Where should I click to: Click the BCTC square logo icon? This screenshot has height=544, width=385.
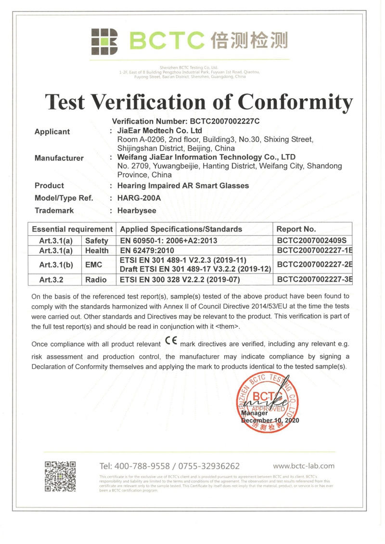(x=104, y=42)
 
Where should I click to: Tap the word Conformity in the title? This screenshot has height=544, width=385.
(x=295, y=102)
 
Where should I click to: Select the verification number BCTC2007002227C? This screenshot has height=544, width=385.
(x=225, y=121)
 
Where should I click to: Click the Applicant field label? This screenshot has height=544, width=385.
(x=52, y=131)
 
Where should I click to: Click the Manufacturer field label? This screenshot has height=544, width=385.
(x=59, y=158)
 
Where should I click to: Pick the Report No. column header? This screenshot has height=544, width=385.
(x=296, y=229)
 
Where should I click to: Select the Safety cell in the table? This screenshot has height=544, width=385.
(x=97, y=241)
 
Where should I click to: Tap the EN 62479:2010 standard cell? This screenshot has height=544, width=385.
(x=147, y=250)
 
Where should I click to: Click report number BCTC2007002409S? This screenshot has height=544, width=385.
(x=312, y=240)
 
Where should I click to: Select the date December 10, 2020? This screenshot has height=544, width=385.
(x=270, y=420)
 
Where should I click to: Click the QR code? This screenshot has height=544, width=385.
(x=60, y=477)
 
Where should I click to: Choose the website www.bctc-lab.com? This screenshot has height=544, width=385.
(x=304, y=466)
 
